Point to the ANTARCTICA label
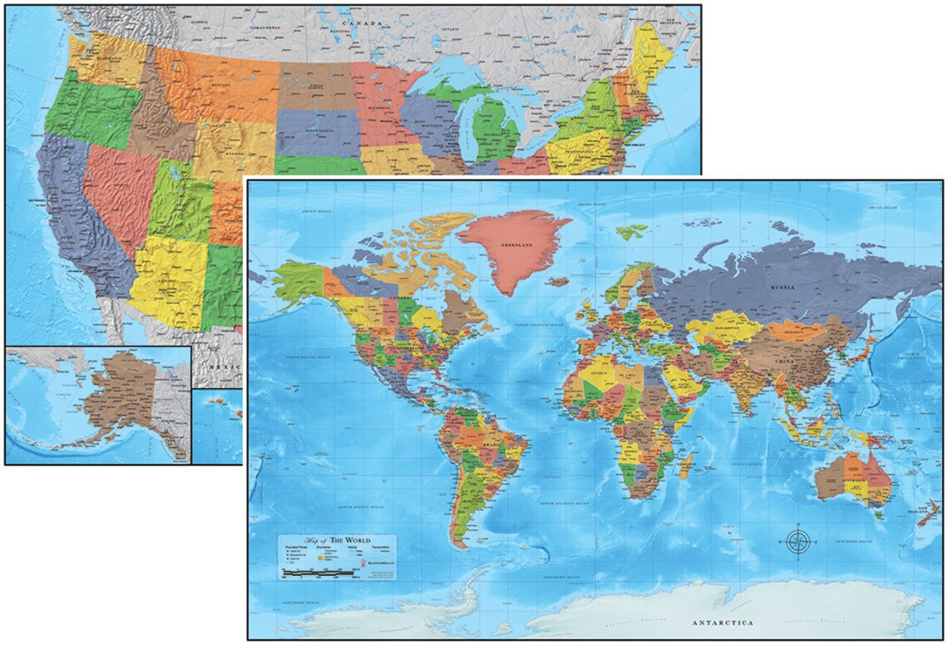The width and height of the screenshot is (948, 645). [722, 622]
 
